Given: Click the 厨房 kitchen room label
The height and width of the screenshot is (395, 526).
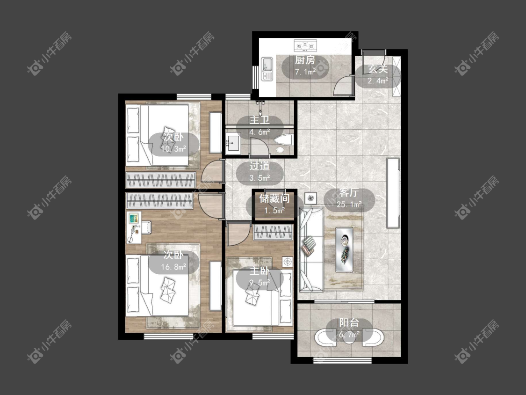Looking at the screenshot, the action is pyautogui.click(x=305, y=60).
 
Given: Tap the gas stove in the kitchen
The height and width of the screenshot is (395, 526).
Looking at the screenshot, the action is pyautogui.click(x=305, y=45).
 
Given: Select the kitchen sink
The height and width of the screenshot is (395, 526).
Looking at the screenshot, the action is pyautogui.click(x=267, y=69).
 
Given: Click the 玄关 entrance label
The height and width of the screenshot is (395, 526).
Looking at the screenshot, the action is pyautogui.click(x=378, y=69).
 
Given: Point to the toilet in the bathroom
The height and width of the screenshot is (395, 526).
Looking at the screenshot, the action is pyautogui.click(x=284, y=144).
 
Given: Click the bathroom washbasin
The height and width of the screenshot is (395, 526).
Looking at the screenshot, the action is pyautogui.click(x=232, y=143).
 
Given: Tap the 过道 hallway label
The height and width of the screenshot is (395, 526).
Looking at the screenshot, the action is pyautogui.click(x=259, y=166).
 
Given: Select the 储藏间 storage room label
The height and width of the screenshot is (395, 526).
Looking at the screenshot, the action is pyautogui.click(x=274, y=198).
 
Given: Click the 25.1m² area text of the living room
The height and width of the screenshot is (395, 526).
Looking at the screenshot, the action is pyautogui.click(x=349, y=205).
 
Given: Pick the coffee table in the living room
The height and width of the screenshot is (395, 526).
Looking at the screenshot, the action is pyautogui.click(x=344, y=249).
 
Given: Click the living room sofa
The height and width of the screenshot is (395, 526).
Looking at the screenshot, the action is pyautogui.click(x=311, y=249).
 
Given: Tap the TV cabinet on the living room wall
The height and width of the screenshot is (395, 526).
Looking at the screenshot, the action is pyautogui.click(x=393, y=193).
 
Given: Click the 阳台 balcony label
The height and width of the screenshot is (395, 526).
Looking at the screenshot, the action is pyautogui.click(x=349, y=323).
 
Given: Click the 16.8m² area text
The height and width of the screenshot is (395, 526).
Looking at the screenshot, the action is pyautogui.click(x=174, y=267).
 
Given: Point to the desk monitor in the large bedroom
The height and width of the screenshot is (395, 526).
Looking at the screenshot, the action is pyautogui.click(x=134, y=218).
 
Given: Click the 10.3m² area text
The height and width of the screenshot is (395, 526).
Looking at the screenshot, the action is pyautogui.click(x=174, y=149).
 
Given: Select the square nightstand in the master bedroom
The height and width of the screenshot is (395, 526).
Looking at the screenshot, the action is pyautogui.click(x=288, y=262).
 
